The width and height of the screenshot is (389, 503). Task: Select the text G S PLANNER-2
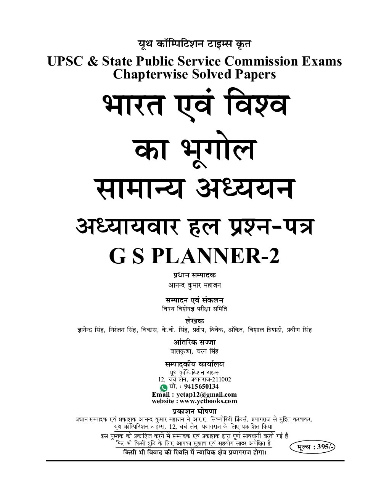194,256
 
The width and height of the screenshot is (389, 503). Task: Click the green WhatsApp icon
164,387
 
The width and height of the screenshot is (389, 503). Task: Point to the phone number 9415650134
200,387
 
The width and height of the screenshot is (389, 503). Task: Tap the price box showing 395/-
312,447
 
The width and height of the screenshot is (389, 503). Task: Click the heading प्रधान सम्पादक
194,275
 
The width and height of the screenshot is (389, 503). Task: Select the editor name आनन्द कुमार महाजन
194,285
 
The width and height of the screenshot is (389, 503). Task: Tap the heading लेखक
194,321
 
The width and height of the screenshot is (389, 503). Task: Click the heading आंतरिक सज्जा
194,343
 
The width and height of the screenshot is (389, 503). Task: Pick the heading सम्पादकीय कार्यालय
194,364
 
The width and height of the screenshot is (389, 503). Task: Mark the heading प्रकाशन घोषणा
194,412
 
